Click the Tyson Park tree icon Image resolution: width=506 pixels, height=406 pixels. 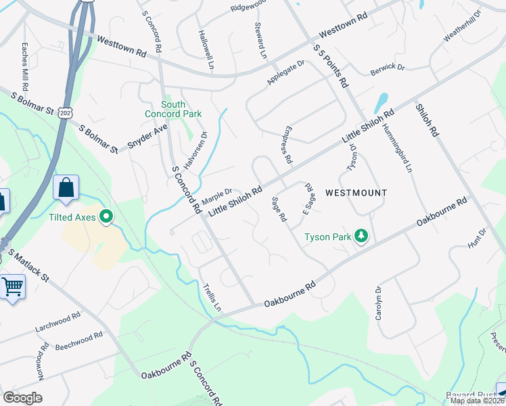tap(362, 236)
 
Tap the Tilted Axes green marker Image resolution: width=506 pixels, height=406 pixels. tap(106, 217)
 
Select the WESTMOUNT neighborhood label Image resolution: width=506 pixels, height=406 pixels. tap(356, 193)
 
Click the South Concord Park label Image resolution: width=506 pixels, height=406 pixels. tap(173, 109)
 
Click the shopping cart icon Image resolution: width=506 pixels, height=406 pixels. tap(13, 286)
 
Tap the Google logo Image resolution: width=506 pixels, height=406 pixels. tap(22, 398)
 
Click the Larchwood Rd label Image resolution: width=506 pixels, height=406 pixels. tap(58, 323)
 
